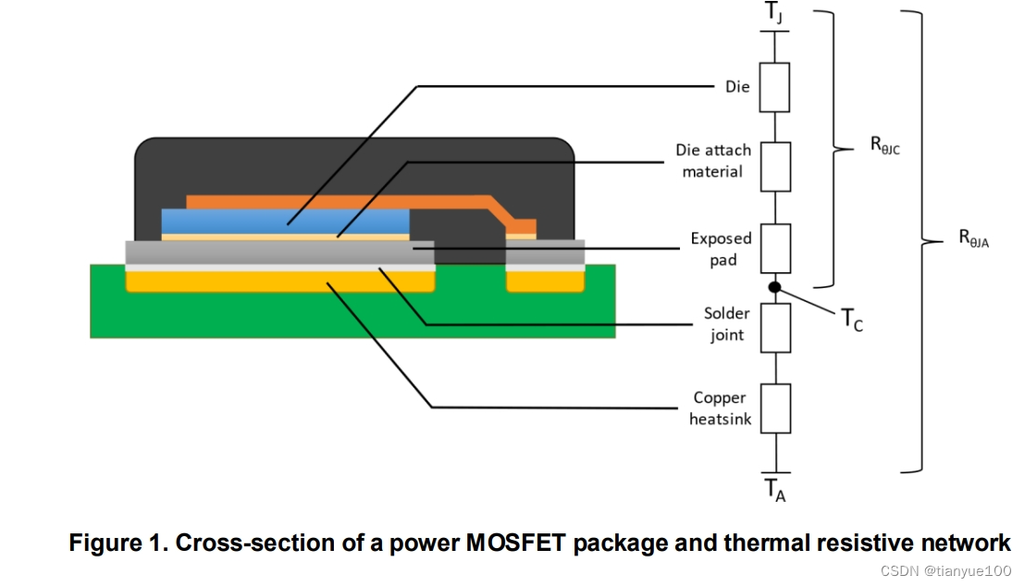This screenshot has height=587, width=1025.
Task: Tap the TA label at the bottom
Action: tap(775, 490)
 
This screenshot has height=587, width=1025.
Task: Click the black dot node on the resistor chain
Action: tap(775, 287)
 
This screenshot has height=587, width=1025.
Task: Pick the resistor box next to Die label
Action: tap(775, 87)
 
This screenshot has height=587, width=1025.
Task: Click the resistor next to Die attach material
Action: tap(775, 167)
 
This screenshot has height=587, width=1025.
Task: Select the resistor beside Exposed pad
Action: tap(775, 247)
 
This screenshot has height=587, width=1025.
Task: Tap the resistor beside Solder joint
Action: tap(775, 328)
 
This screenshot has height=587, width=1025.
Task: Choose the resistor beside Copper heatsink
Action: tap(775, 408)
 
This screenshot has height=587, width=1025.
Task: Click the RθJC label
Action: tap(885, 145)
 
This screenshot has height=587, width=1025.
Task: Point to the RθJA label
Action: tap(973, 239)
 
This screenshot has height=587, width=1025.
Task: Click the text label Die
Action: tap(738, 86)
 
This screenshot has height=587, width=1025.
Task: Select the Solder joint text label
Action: tap(727, 324)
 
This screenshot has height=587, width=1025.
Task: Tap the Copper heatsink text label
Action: tap(720, 408)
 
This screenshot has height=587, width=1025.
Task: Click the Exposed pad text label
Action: tap(722, 248)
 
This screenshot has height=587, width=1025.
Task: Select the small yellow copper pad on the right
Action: tap(546, 281)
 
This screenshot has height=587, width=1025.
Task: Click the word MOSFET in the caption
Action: tap(513, 543)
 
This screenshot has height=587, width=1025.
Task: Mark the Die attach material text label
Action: tap(713, 160)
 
